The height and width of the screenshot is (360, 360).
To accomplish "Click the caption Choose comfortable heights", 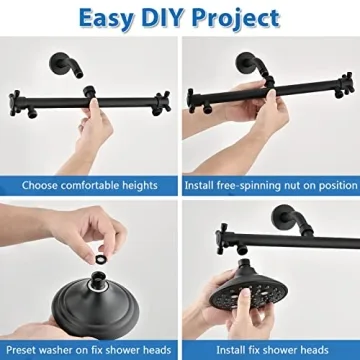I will pos(88,185).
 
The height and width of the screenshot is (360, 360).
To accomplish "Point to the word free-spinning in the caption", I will pos(246,185).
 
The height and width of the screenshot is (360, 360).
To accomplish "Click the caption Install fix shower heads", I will pos(270,349).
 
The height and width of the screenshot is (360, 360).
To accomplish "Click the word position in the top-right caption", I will pos(329,185).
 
